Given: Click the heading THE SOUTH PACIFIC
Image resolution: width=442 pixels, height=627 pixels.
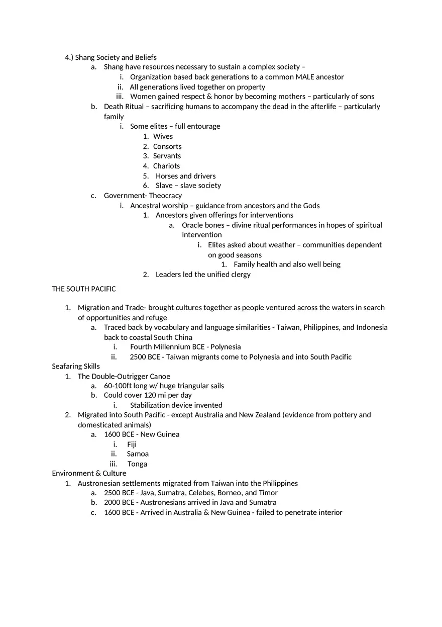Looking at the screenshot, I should [x=84, y=289].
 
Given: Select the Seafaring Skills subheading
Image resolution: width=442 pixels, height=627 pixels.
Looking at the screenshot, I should [x=76, y=367].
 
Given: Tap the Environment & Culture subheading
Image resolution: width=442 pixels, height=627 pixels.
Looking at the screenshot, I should [x=89, y=473].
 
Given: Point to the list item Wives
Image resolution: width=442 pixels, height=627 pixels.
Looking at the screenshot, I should [x=163, y=136].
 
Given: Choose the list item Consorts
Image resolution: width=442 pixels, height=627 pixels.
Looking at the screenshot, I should [x=167, y=146].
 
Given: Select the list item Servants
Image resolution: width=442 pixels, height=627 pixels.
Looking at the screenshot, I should [x=167, y=156].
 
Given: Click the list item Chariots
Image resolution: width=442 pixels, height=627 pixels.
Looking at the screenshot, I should [x=166, y=166].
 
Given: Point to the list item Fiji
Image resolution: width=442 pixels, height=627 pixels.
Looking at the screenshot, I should [x=132, y=444].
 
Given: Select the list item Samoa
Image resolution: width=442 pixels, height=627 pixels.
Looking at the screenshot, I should [x=138, y=454].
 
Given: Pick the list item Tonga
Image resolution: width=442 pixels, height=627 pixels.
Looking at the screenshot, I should [x=137, y=464].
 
